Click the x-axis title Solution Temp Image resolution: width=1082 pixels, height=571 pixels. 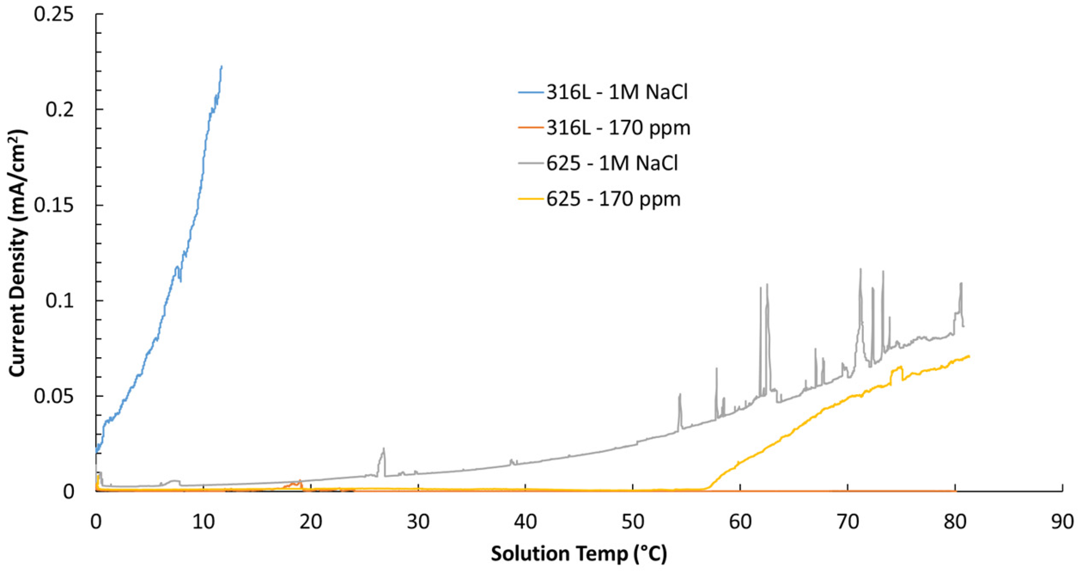(x=579, y=554)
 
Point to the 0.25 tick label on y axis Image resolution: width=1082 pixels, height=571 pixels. (x=53, y=15)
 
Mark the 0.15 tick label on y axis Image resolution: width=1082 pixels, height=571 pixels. (x=53, y=206)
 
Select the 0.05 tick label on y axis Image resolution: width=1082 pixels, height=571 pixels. (x=53, y=397)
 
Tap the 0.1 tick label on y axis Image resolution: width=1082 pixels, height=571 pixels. (x=59, y=301)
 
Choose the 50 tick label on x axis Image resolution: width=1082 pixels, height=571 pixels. (x=632, y=522)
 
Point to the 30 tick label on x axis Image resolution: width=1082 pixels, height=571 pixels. (x=418, y=522)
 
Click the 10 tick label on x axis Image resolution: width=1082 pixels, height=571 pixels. (x=203, y=522)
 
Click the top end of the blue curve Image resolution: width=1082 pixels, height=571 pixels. (x=221, y=67)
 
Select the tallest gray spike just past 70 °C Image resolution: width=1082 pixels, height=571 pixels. (x=861, y=270)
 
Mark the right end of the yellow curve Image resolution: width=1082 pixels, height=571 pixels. (x=968, y=356)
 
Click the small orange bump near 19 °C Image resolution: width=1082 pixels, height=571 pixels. (x=300, y=481)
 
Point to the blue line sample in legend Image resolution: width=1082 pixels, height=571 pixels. (x=531, y=92)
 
